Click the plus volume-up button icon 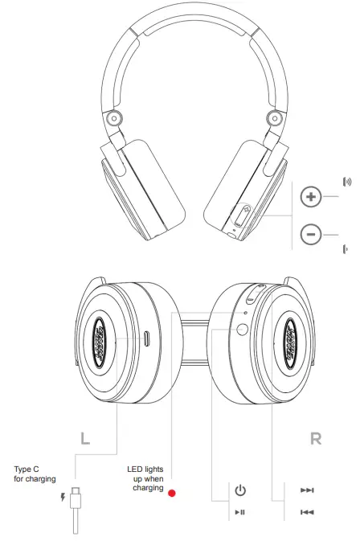point(311,196)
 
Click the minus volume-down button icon point(311,234)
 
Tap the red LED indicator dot point(171,492)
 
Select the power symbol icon point(240,490)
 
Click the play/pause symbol point(240,511)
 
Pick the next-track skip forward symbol point(307,490)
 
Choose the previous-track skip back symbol point(307,511)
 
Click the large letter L point(85,439)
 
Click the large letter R point(316,439)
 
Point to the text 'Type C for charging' point(35,473)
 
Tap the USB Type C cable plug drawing point(76,502)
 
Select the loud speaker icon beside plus point(347,182)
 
